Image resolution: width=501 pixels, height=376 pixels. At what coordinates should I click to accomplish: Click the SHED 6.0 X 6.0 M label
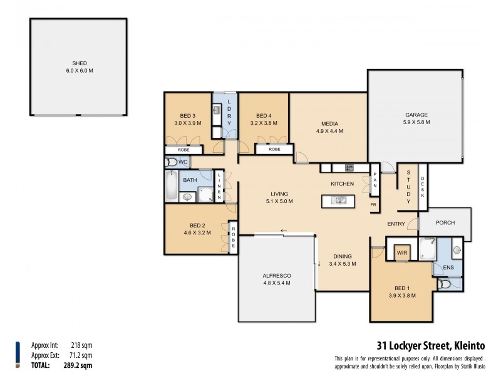pyautogui.click(x=79, y=66)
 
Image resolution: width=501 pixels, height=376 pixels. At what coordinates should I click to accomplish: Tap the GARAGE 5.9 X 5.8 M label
pyautogui.click(x=416, y=118)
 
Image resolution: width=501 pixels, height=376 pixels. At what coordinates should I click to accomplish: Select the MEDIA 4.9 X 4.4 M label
pyautogui.click(x=329, y=127)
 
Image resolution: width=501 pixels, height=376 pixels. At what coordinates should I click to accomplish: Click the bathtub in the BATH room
pyautogui.click(x=172, y=185)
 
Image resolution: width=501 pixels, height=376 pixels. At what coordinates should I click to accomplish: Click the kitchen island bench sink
pyautogui.click(x=338, y=201)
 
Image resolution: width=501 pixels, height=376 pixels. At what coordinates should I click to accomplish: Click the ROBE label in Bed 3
pyautogui.click(x=183, y=150)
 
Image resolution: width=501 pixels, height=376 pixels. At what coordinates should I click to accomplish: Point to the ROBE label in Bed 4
pyautogui.click(x=274, y=150)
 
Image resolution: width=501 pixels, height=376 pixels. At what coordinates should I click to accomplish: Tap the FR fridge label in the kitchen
pyautogui.click(x=373, y=205)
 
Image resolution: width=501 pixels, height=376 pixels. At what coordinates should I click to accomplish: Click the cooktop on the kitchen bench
pyautogui.click(x=349, y=167)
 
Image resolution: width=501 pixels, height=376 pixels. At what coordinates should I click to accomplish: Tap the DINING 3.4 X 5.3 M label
pyautogui.click(x=342, y=260)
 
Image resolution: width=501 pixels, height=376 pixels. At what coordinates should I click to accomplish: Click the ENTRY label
pyautogui.click(x=396, y=223)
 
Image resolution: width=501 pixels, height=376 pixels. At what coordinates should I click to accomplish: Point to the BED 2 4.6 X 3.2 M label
pyautogui.click(x=197, y=229)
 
